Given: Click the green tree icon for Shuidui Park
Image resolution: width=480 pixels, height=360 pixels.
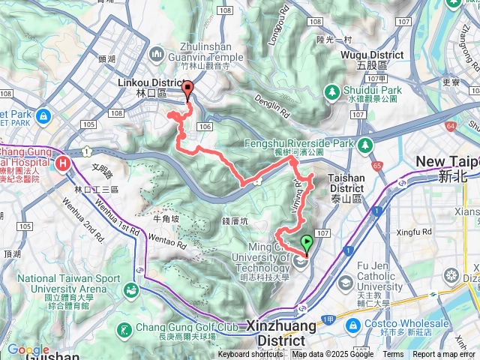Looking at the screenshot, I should (x=331, y=91).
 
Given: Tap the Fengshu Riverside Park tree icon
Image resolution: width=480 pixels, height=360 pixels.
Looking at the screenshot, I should (x=364, y=144).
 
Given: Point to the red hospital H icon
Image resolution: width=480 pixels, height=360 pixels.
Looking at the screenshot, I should (x=64, y=162).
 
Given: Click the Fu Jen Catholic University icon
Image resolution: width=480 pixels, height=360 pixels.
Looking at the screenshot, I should (x=345, y=282).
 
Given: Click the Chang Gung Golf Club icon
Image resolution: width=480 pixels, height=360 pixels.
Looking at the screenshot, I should (x=124, y=329).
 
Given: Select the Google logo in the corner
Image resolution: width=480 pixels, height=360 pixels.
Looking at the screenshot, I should (x=28, y=349).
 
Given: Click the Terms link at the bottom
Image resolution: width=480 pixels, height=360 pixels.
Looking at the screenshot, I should (x=393, y=355).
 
